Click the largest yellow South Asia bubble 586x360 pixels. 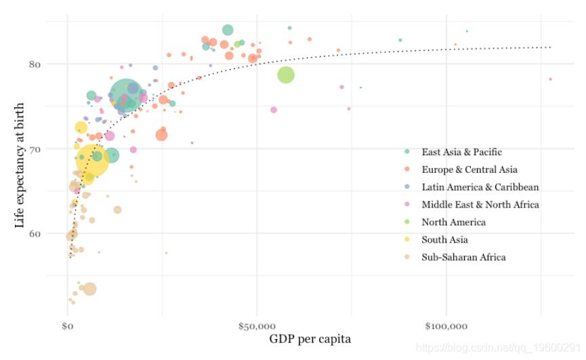(93, 160)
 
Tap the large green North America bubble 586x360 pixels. (286, 75)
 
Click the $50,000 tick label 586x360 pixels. (257, 327)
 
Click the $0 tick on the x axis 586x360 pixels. (68, 327)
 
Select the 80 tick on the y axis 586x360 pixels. (34, 64)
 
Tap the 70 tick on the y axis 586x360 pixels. (34, 148)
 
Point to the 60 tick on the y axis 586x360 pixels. (34, 233)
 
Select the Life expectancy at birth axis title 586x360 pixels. (20, 174)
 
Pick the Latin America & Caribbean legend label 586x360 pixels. (480, 187)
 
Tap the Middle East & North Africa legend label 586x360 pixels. (480, 205)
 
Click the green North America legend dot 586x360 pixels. (407, 222)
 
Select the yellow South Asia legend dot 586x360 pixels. (407, 240)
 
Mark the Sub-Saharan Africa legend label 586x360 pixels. (463, 258)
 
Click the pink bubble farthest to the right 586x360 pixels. (551, 79)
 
